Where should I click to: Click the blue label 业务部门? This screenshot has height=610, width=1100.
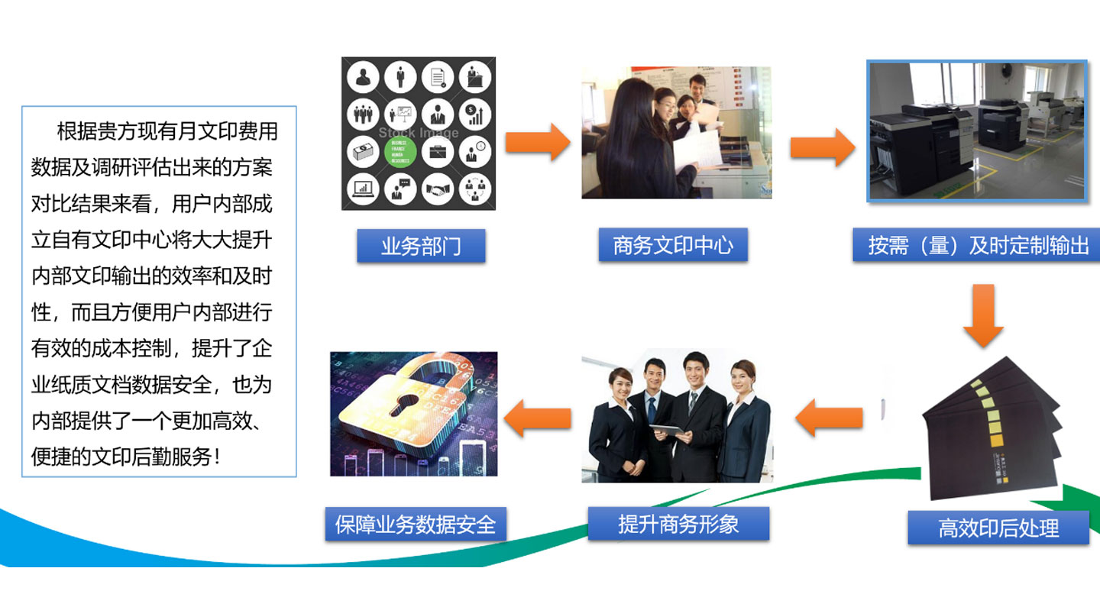click(421, 246)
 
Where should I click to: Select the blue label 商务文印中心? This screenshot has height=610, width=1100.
click(673, 245)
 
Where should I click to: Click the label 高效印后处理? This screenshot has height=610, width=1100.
click(998, 528)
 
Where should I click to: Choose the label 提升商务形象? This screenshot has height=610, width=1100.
click(678, 524)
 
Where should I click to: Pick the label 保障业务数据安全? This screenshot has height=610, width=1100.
click(416, 524)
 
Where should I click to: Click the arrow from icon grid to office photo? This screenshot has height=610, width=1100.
click(538, 142)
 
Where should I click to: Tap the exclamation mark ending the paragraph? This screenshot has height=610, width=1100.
click(219, 457)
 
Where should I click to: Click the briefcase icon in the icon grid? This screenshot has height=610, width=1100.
click(438, 151)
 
